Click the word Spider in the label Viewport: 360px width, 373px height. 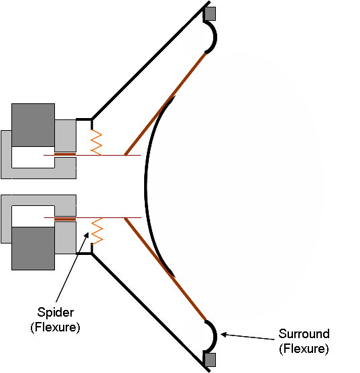(56, 313)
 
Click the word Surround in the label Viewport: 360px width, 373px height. (304, 333)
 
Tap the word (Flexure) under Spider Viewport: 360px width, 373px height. (55, 327)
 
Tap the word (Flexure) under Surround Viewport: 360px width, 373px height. (304, 348)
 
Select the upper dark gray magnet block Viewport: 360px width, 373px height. (33, 125)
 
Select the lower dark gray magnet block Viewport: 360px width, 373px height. (33, 248)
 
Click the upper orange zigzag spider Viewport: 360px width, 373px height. (97, 142)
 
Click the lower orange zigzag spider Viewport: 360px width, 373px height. (97, 231)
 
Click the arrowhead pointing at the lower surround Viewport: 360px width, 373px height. (223, 335)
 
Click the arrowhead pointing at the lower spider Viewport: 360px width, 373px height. (86, 235)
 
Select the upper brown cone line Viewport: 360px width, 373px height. (166, 104)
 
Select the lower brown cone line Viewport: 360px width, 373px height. (166, 269)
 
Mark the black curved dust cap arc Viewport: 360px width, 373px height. (145, 186)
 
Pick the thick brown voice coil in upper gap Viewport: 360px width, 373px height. (65, 154)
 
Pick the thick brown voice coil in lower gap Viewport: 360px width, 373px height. (65, 219)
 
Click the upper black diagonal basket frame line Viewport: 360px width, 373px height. (151, 60)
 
